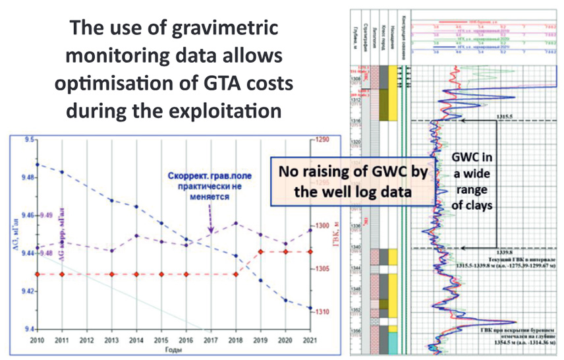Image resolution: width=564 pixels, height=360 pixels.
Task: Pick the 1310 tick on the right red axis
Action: click(x=322, y=311)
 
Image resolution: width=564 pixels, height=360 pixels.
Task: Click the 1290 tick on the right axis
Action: click(x=322, y=140)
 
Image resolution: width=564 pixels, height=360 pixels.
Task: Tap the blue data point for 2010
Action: click(x=38, y=164)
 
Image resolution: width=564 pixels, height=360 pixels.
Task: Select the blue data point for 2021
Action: click(x=308, y=307)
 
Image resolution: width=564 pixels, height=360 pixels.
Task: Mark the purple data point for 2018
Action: click(x=235, y=223)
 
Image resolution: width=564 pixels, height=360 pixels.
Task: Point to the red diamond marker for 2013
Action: click(x=111, y=274)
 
